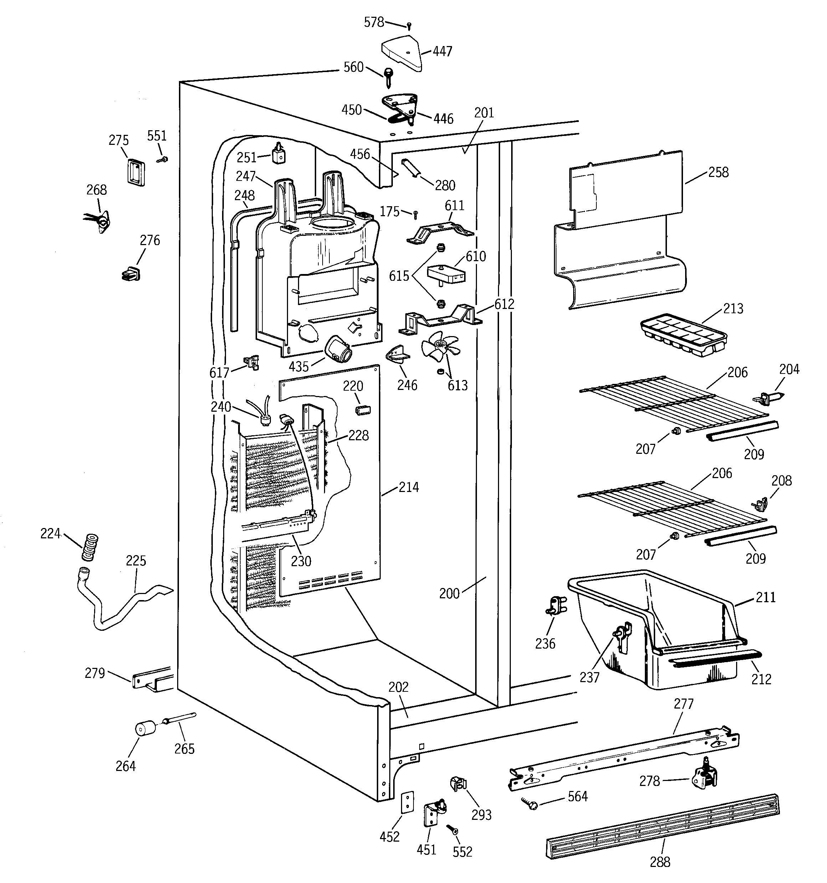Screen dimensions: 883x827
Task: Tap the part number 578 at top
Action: pos(374,22)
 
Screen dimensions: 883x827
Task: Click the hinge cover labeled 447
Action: pos(402,54)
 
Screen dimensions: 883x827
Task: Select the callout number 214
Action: pos(409,487)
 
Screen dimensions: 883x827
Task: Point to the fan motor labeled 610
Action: pos(447,274)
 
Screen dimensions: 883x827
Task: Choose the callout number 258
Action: pos(718,172)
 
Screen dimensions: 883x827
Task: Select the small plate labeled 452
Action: pos(407,802)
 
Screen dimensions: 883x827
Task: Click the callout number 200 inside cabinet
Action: pos(449,593)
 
